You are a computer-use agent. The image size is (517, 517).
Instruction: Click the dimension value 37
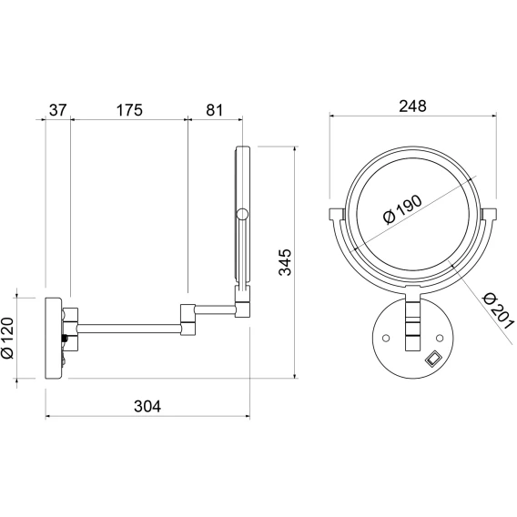58,110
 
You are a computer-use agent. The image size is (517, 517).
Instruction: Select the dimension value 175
129,110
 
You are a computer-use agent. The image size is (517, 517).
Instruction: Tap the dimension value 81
214,110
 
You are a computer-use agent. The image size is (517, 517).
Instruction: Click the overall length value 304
147,407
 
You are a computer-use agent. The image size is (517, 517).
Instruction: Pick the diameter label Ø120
7,338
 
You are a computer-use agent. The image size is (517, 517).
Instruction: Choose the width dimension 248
412,106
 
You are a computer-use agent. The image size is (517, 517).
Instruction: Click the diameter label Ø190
402,209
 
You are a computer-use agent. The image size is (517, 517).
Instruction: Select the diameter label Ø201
498,311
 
